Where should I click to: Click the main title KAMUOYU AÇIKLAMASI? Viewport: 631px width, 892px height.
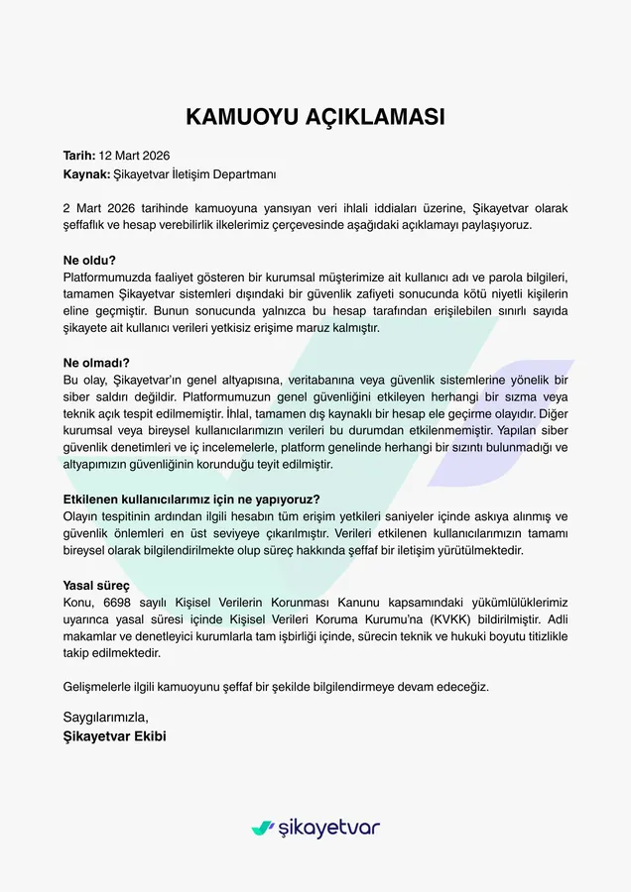click(x=315, y=117)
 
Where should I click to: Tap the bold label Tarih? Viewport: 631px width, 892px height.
click(x=79, y=156)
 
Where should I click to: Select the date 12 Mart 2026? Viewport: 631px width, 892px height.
click(x=135, y=156)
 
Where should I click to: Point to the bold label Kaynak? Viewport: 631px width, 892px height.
click(x=86, y=173)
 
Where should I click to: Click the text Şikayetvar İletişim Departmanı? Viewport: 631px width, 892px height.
click(x=195, y=173)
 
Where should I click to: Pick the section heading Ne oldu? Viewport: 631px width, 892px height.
click(x=89, y=261)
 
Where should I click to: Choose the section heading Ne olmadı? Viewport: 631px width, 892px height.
click(x=96, y=364)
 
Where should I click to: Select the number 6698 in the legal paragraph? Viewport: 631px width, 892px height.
click(x=118, y=603)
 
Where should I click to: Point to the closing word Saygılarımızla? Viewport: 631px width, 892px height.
click(x=105, y=717)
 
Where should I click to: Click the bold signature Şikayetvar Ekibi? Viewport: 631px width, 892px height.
click(x=114, y=735)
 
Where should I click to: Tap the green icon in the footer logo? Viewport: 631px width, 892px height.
click(x=262, y=828)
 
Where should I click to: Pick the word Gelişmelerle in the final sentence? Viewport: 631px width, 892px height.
click(x=95, y=686)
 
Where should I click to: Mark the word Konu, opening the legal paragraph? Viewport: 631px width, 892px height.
click(x=79, y=603)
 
